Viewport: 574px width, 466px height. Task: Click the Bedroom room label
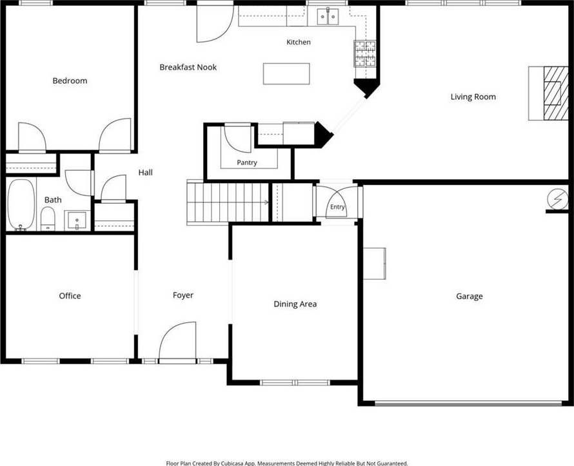point(70,81)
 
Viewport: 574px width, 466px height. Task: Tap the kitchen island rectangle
point(286,73)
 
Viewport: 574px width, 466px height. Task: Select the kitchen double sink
point(328,17)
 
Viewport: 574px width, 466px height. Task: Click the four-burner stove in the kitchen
point(364,53)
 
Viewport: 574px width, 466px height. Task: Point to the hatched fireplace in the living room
point(556,93)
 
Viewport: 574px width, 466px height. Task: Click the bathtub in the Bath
point(21,205)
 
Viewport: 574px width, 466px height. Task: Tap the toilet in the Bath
point(48,218)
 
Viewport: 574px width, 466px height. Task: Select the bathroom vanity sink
point(77,220)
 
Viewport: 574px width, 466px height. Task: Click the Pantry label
point(247,162)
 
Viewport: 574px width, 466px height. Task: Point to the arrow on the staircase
point(266,202)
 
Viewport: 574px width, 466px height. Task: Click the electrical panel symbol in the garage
point(557,199)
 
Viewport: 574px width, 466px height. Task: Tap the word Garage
point(470,296)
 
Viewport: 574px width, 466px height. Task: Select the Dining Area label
point(295,304)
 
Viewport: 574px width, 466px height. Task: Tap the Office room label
point(70,296)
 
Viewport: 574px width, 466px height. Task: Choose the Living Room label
point(473,97)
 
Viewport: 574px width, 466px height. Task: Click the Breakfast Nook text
point(188,67)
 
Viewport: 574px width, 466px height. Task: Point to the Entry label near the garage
point(337,207)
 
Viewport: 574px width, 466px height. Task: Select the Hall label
point(145,172)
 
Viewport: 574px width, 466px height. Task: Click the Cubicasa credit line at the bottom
point(287,463)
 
